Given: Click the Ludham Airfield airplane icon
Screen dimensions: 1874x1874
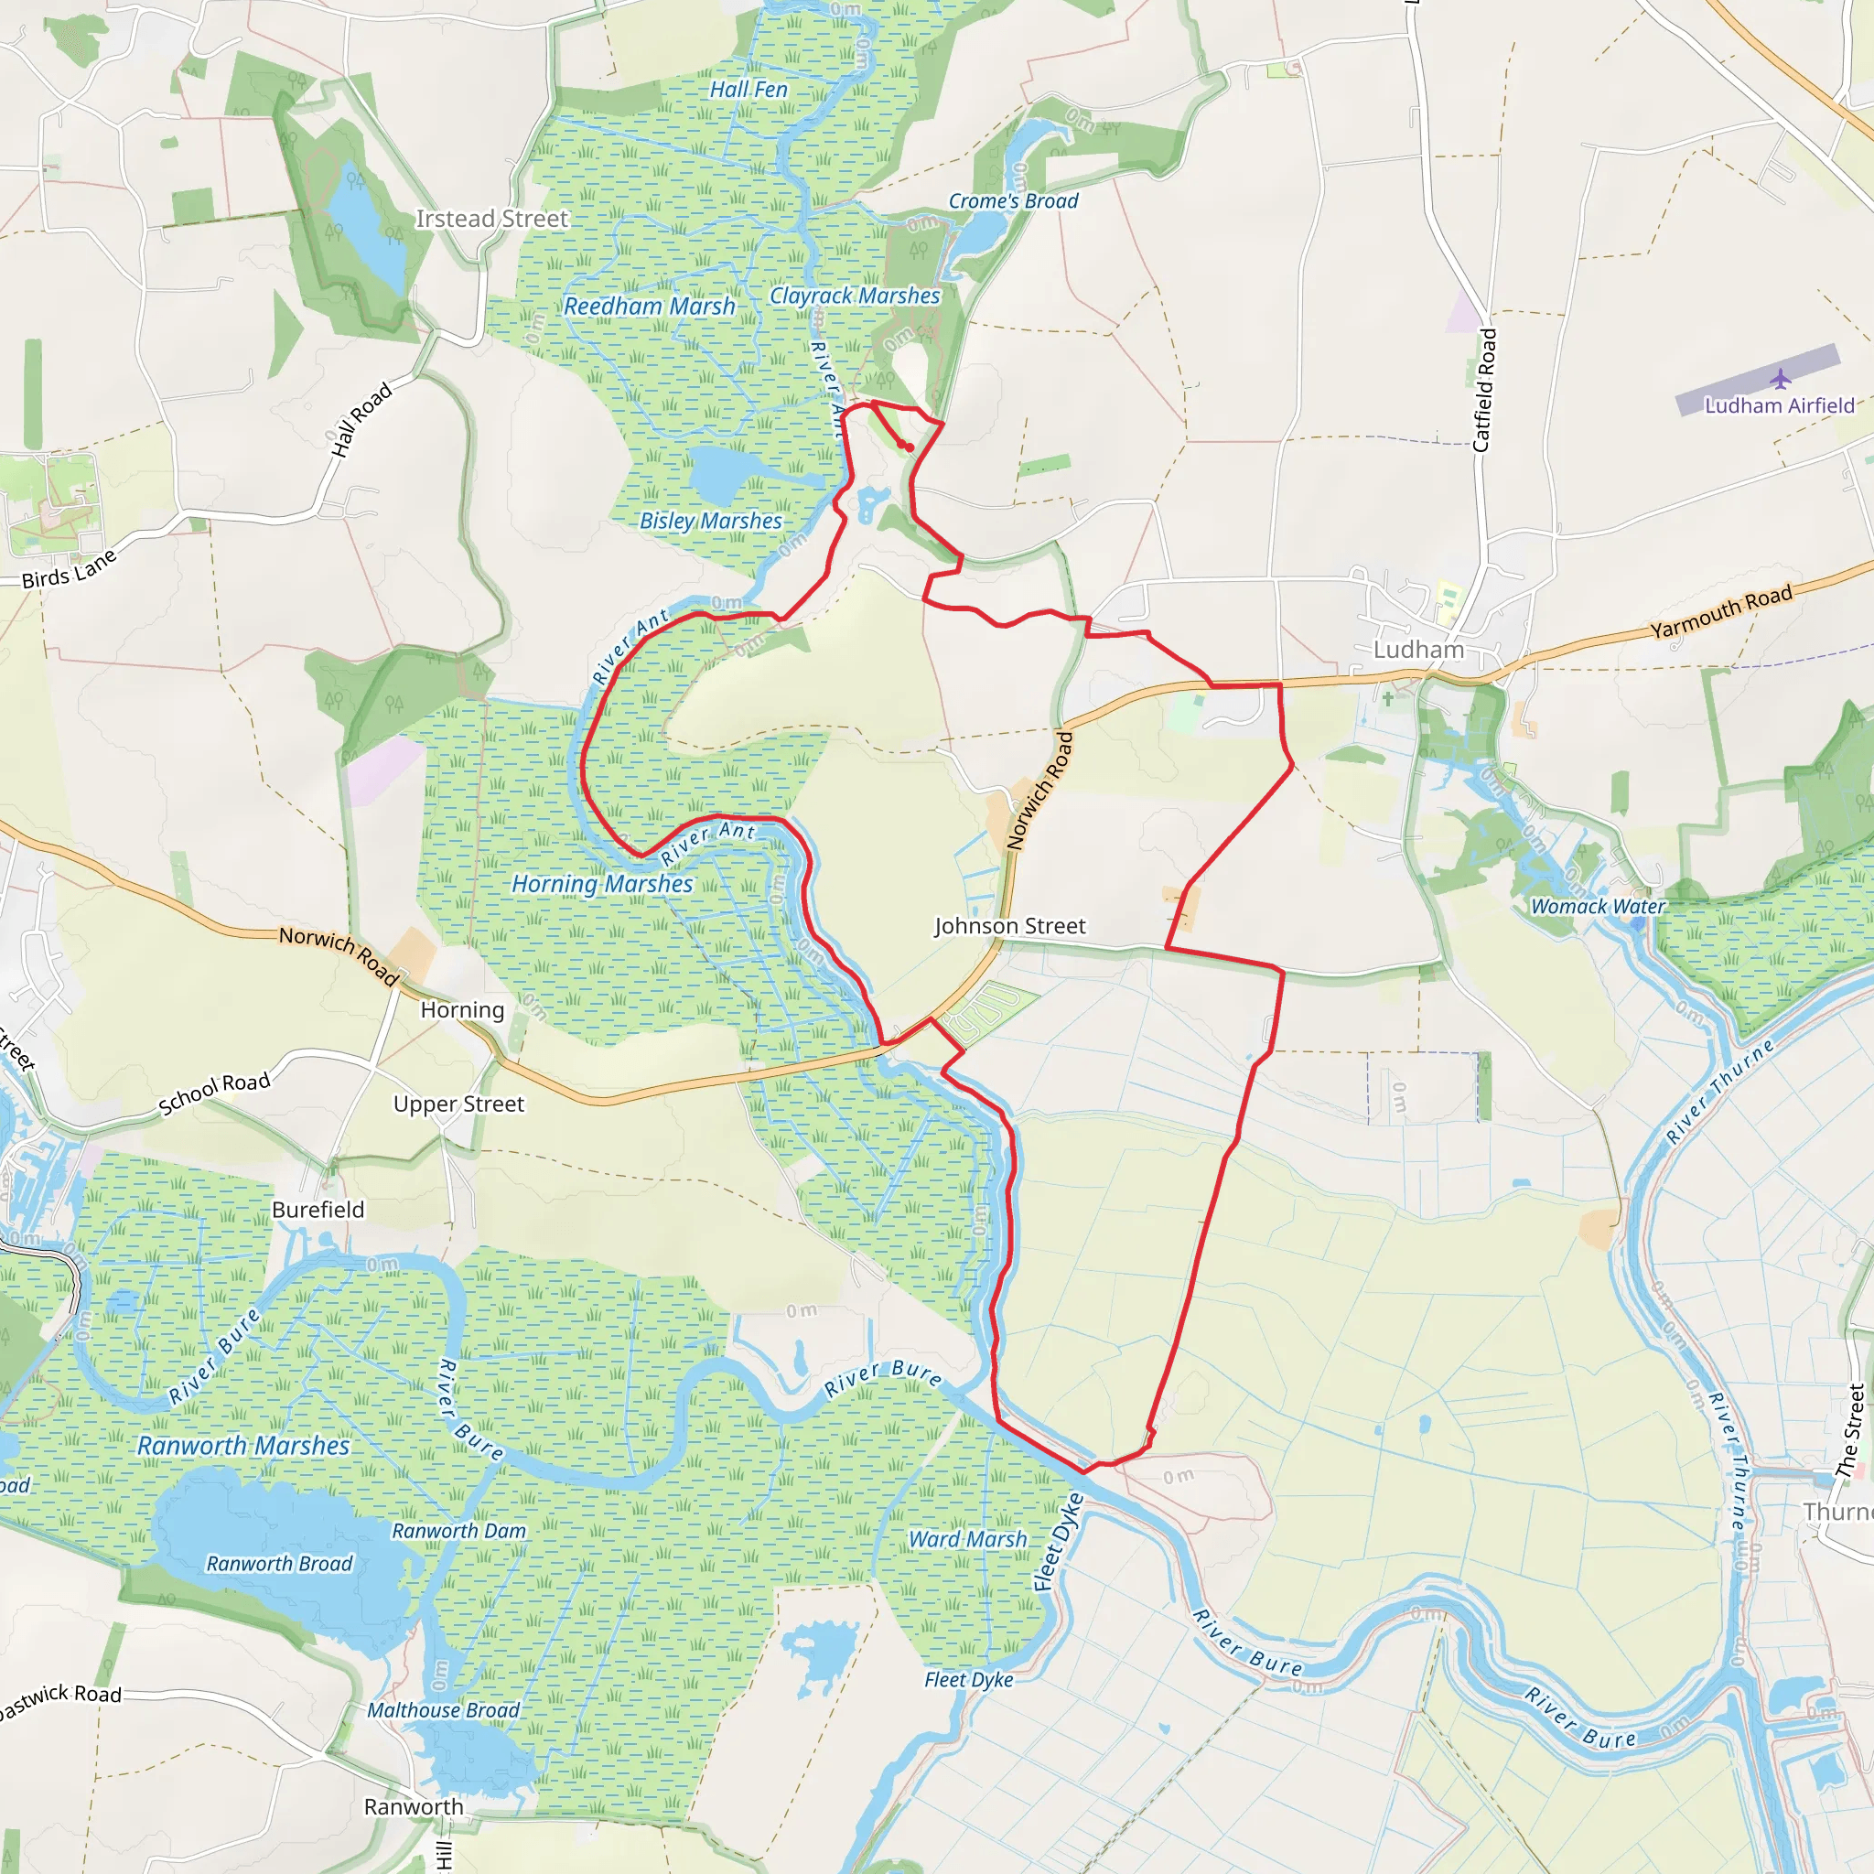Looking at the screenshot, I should click(x=1780, y=377).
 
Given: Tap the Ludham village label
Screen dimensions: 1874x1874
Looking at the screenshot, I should click(x=1418, y=650).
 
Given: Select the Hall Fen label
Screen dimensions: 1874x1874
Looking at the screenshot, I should click(x=748, y=90).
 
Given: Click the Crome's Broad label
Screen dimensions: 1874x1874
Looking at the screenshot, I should click(x=1013, y=200).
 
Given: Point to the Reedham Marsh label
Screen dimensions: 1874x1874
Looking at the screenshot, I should click(x=649, y=307).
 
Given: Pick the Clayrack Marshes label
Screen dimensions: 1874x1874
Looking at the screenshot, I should click(x=855, y=296).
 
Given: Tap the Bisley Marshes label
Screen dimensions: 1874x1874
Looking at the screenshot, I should click(x=710, y=521).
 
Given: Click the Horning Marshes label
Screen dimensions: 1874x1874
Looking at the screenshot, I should click(x=601, y=884).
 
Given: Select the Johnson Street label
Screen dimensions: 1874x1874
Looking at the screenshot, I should click(x=1010, y=926).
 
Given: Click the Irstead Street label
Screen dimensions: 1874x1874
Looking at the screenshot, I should click(x=491, y=220).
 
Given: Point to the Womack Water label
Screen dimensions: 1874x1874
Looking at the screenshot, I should click(x=1598, y=906).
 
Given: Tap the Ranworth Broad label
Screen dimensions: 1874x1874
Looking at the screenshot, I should click(x=279, y=1564).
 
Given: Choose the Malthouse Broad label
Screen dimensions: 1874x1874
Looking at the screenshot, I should click(x=442, y=1710).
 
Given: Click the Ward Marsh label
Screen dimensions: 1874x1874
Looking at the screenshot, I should click(x=967, y=1539).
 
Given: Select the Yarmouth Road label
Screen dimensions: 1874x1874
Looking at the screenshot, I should click(x=1721, y=612).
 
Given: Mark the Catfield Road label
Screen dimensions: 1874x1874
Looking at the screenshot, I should click(x=1484, y=390).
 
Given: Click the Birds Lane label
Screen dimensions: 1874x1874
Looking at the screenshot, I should click(x=69, y=569).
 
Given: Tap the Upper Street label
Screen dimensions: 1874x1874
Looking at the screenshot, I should click(x=458, y=1104).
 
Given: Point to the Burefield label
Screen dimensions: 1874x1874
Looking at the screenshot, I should click(x=318, y=1210).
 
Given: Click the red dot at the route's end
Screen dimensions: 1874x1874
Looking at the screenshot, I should click(x=909, y=447).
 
